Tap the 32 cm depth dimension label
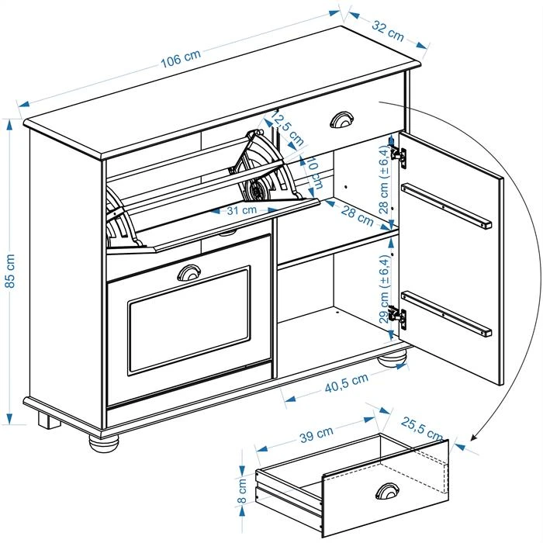387,30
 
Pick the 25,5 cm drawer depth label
422,431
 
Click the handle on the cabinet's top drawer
341,119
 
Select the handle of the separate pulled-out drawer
387,490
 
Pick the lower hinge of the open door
397,317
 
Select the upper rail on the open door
446,206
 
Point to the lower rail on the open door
446,313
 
